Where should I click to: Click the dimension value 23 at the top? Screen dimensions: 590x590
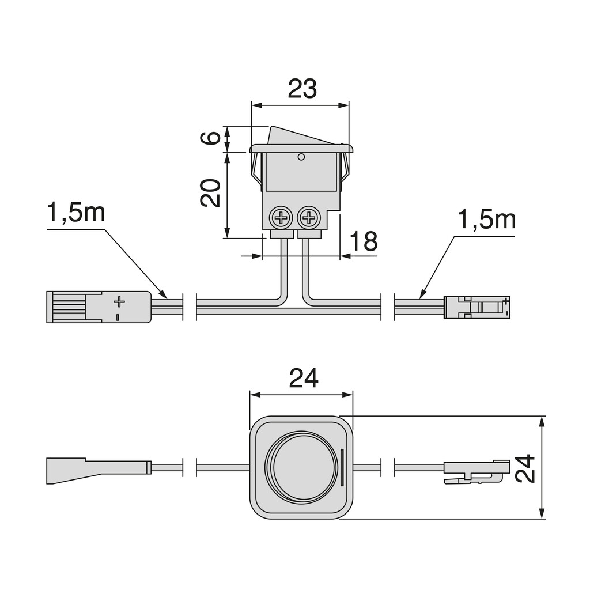pyautogui.click(x=302, y=89)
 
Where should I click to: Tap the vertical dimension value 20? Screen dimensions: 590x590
pyautogui.click(x=211, y=193)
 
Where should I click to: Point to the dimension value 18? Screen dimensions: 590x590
pyautogui.click(x=364, y=242)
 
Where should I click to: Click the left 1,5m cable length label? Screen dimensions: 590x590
pyautogui.click(x=76, y=213)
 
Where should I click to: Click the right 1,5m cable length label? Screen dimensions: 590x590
pyautogui.click(x=486, y=220)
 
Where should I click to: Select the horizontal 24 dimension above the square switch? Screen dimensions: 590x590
pyautogui.click(x=303, y=379)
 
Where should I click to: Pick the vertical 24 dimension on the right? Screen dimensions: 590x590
pyautogui.click(x=525, y=468)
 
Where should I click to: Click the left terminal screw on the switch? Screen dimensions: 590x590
pyautogui.click(x=281, y=218)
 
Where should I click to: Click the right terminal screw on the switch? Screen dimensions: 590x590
pyautogui.click(x=309, y=218)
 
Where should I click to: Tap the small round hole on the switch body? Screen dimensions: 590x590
pyautogui.click(x=301, y=157)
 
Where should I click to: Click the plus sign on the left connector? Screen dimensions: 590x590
pyautogui.click(x=119, y=301)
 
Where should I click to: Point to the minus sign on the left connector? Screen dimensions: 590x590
pyautogui.click(x=118, y=317)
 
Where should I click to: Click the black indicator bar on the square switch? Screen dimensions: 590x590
pyautogui.click(x=343, y=467)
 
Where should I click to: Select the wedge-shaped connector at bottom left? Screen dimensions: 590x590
pyautogui.click(x=98, y=470)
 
